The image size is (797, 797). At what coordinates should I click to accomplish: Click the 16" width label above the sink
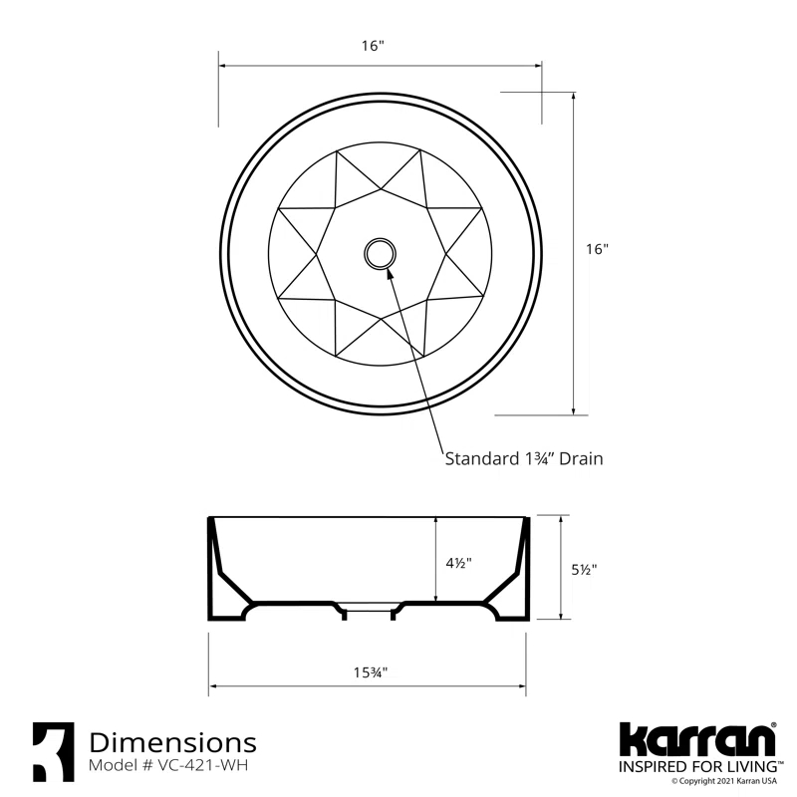click(x=374, y=47)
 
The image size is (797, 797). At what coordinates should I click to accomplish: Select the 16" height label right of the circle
click(x=597, y=250)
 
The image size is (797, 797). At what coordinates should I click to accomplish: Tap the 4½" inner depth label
click(x=459, y=563)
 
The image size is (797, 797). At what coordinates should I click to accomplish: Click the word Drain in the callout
click(x=581, y=459)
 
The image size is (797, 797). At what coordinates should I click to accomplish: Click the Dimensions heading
click(x=172, y=742)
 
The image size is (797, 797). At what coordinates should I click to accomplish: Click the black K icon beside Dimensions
click(x=52, y=751)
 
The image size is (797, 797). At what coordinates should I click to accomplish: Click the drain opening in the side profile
click(x=369, y=609)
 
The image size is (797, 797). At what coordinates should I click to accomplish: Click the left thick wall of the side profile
click(x=216, y=578)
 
